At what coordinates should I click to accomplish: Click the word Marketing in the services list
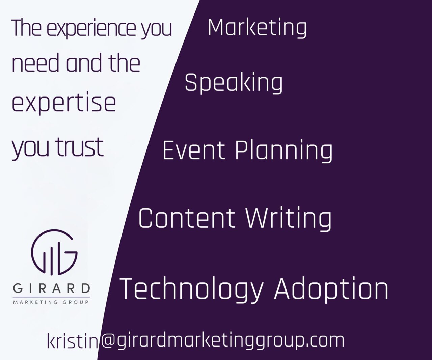point(257,28)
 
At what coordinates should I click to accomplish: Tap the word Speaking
point(234,83)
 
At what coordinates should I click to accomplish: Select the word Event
point(194,150)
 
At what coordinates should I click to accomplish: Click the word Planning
point(284,151)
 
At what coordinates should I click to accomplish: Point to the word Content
point(186,219)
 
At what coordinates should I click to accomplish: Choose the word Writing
point(289,219)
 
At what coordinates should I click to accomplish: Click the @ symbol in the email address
point(108,339)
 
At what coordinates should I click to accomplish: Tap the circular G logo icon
point(54,252)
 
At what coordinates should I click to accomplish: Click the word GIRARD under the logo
point(52,288)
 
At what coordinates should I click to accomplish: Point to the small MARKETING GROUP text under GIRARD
point(51,302)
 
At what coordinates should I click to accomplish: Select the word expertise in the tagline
point(64,104)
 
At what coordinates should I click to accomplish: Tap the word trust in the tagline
point(79,147)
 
